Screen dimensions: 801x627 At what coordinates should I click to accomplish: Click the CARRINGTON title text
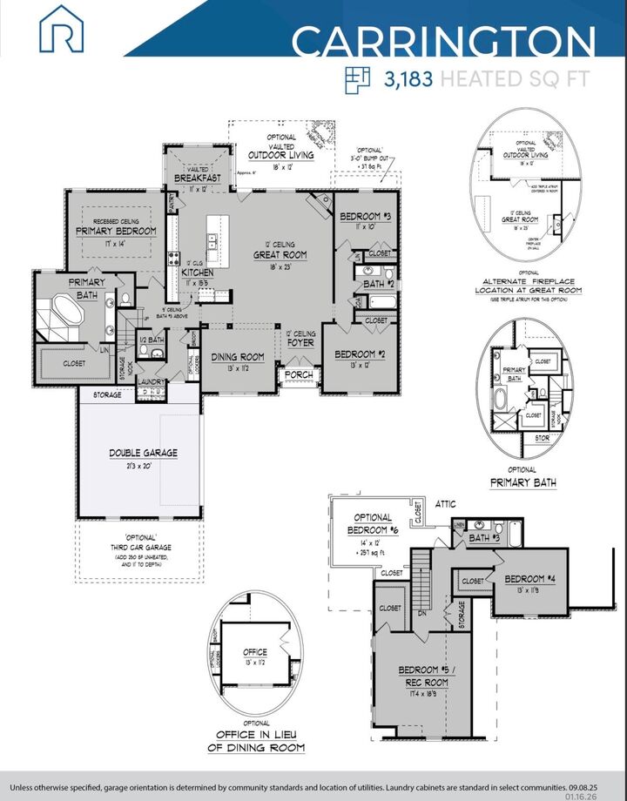click(x=442, y=42)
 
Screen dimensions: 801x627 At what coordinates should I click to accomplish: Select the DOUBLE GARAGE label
click(x=143, y=454)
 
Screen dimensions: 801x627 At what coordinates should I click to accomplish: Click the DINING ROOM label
click(x=238, y=357)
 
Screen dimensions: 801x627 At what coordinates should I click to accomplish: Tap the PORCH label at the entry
click(x=299, y=375)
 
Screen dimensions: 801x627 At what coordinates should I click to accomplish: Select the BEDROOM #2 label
click(x=357, y=354)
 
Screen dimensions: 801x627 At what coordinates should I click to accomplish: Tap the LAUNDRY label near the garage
click(x=152, y=381)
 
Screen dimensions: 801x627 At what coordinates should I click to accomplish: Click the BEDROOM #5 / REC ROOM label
click(x=423, y=676)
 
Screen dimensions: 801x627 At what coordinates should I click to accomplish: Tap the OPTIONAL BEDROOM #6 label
click(x=372, y=524)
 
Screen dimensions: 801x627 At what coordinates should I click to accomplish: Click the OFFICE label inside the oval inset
click(x=256, y=651)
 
